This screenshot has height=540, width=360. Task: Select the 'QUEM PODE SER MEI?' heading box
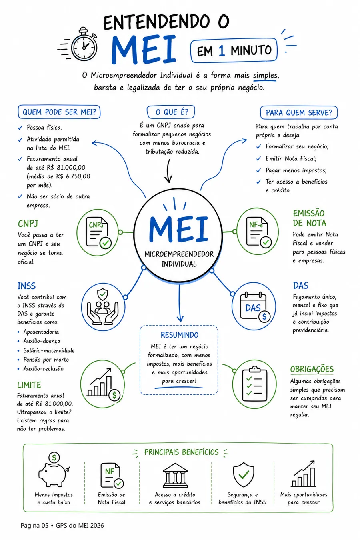[59, 112]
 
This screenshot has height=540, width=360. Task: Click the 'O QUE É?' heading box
[171, 112]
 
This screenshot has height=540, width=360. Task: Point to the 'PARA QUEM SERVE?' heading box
[299, 112]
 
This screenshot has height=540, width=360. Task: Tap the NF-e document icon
[259, 232]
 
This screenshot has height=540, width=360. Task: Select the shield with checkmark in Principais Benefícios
[244, 474]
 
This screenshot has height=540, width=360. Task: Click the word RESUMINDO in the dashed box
[179, 335]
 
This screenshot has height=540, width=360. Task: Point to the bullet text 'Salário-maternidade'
[49, 350]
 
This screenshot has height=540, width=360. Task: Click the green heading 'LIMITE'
[29, 385]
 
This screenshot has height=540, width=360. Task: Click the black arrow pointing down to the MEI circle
[168, 171]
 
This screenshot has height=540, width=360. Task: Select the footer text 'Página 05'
[34, 526]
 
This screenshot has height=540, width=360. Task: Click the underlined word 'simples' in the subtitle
[265, 76]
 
